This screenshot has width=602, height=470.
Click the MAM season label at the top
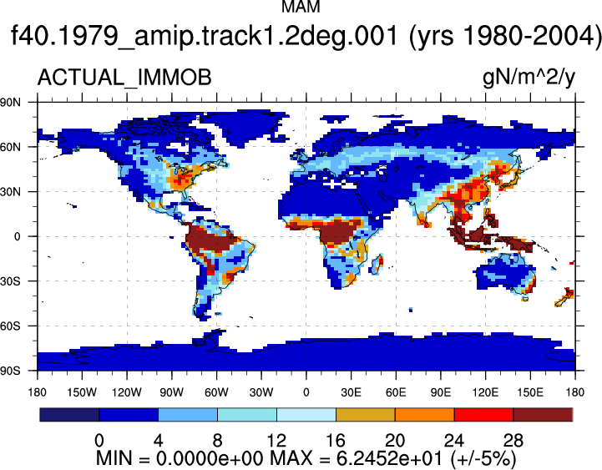click(301, 6)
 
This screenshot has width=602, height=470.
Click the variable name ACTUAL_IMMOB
click(124, 77)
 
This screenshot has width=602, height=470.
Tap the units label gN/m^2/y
click(529, 78)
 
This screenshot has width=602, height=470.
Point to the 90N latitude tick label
click(10, 102)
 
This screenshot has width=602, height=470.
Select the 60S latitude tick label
click(10, 326)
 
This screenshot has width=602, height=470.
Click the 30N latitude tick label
click(10, 192)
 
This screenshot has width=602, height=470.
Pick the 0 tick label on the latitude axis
click(17, 236)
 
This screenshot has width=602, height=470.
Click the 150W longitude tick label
click(82, 392)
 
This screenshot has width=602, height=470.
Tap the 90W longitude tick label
click(172, 392)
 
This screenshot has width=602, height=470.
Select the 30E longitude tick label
click(351, 392)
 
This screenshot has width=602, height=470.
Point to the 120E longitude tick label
click(485, 392)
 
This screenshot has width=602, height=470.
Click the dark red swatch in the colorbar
click(543, 415)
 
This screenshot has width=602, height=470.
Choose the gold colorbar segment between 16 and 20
click(366, 415)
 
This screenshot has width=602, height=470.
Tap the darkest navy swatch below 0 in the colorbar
click(69, 415)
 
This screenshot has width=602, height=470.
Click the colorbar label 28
click(513, 440)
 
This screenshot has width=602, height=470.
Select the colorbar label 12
click(276, 440)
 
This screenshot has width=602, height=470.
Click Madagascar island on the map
click(377, 264)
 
